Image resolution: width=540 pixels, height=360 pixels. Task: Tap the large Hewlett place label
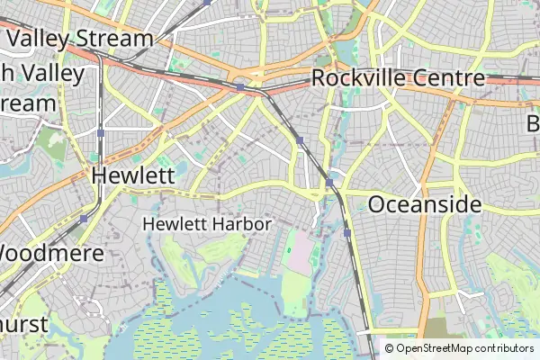click(133, 175)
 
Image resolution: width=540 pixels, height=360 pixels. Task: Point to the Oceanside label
click(425, 204)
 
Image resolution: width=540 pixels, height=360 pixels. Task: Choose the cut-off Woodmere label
click(52, 252)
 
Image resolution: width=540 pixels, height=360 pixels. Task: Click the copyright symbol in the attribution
click(390, 348)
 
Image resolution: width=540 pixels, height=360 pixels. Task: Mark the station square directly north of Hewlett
click(101, 133)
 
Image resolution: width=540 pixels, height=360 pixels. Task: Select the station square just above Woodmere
click(84, 219)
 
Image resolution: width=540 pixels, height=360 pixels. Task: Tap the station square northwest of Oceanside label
click(329, 183)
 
